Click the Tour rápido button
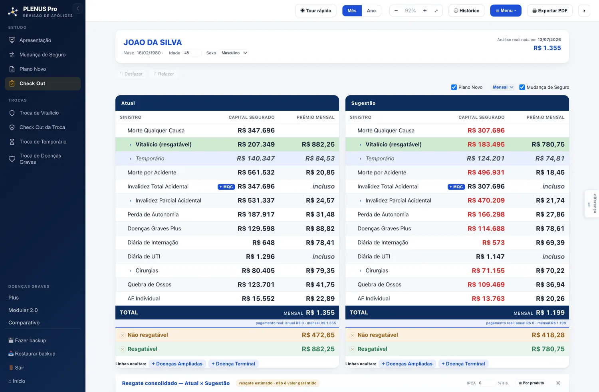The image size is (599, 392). [315, 11]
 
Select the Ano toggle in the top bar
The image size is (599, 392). [371, 11]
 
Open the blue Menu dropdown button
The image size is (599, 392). [506, 11]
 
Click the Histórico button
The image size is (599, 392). [466, 11]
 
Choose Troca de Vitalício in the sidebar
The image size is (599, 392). [39, 113]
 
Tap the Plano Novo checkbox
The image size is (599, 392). [454, 87]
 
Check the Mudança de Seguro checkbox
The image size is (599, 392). [522, 87]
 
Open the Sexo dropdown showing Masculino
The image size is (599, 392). [234, 53]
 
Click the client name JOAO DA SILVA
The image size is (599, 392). [153, 42]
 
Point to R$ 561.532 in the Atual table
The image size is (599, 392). [256, 172]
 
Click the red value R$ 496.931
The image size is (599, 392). [486, 172]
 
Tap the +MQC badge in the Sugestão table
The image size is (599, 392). [456, 187]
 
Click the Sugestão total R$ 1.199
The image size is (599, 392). [550, 312]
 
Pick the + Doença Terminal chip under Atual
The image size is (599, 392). [233, 364]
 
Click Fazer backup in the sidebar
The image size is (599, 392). [27, 340]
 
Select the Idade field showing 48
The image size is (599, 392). [192, 53]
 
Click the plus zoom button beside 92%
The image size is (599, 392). [424, 11]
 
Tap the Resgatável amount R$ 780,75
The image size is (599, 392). [548, 349]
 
